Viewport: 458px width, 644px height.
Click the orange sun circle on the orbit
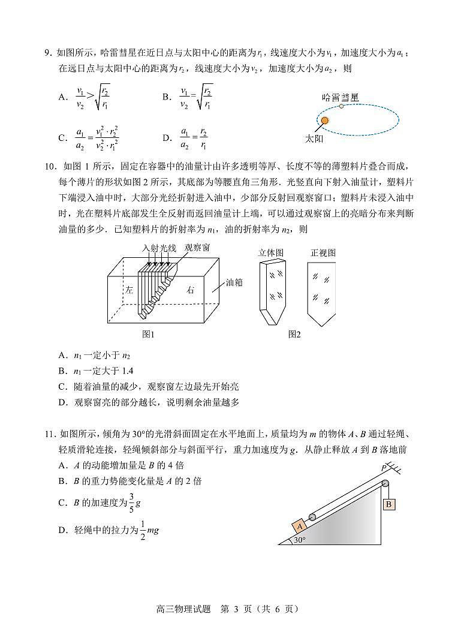click(325, 121)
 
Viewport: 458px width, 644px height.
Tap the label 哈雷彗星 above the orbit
click(340, 96)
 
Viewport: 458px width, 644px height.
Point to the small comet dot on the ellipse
click(341, 106)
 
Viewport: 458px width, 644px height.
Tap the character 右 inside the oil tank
click(191, 290)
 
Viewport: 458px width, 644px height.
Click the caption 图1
click(148, 334)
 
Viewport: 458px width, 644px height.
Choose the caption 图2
click(294, 334)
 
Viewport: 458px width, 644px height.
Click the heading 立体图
click(271, 253)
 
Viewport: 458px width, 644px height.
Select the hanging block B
click(388, 504)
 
